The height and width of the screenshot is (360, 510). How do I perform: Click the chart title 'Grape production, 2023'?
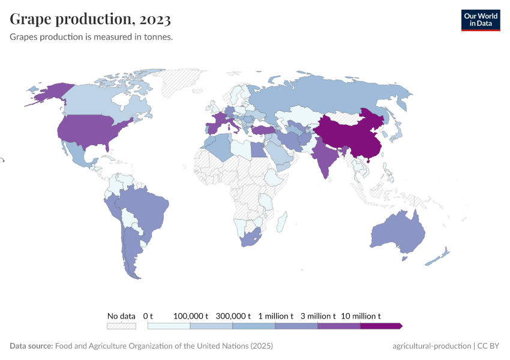click(x=91, y=19)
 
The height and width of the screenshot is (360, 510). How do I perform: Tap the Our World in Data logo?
click(x=480, y=20)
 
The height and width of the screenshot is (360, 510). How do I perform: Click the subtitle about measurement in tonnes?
click(x=91, y=37)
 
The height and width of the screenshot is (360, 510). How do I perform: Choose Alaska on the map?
click(x=48, y=93)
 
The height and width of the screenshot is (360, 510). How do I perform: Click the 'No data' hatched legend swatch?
click(x=121, y=326)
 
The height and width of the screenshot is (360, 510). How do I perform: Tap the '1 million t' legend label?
click(x=276, y=316)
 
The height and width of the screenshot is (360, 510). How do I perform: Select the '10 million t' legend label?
click(x=361, y=316)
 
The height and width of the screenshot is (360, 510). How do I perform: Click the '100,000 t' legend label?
click(x=191, y=316)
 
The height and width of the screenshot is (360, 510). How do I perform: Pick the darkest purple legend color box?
click(x=380, y=326)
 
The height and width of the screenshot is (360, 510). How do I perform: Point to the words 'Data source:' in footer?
click(x=31, y=346)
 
